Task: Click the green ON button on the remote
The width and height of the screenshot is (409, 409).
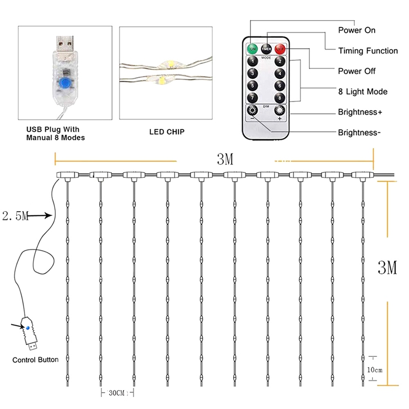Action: (252, 49)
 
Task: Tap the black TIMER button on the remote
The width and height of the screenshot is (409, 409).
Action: (266, 49)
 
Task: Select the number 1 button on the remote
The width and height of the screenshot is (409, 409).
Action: (252, 62)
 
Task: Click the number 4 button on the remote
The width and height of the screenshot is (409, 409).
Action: (279, 74)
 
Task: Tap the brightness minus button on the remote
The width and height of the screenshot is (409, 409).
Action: (252, 111)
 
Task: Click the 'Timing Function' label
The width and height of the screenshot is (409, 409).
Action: (368, 51)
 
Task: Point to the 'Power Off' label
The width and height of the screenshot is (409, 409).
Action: (357, 71)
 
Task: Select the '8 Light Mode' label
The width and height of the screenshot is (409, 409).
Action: (362, 92)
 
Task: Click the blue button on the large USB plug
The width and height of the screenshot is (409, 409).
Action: (65, 83)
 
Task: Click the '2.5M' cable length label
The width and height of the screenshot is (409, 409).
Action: (14, 216)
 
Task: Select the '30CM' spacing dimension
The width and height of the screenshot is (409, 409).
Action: (117, 393)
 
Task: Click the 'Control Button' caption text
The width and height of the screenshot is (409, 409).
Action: (35, 359)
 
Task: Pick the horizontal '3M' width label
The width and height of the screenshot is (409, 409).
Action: (224, 160)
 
